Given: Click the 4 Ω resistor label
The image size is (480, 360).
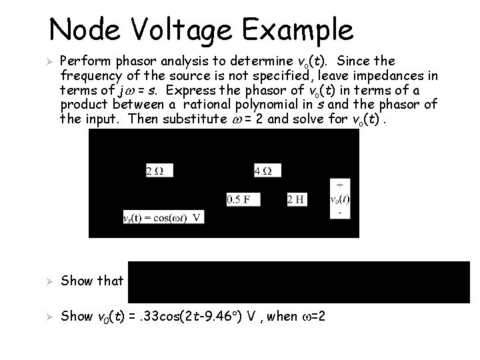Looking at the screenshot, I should pos(263,171).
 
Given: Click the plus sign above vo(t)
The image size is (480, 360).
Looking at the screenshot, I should pos(341,184).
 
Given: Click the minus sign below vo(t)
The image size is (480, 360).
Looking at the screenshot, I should pos(341,214).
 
